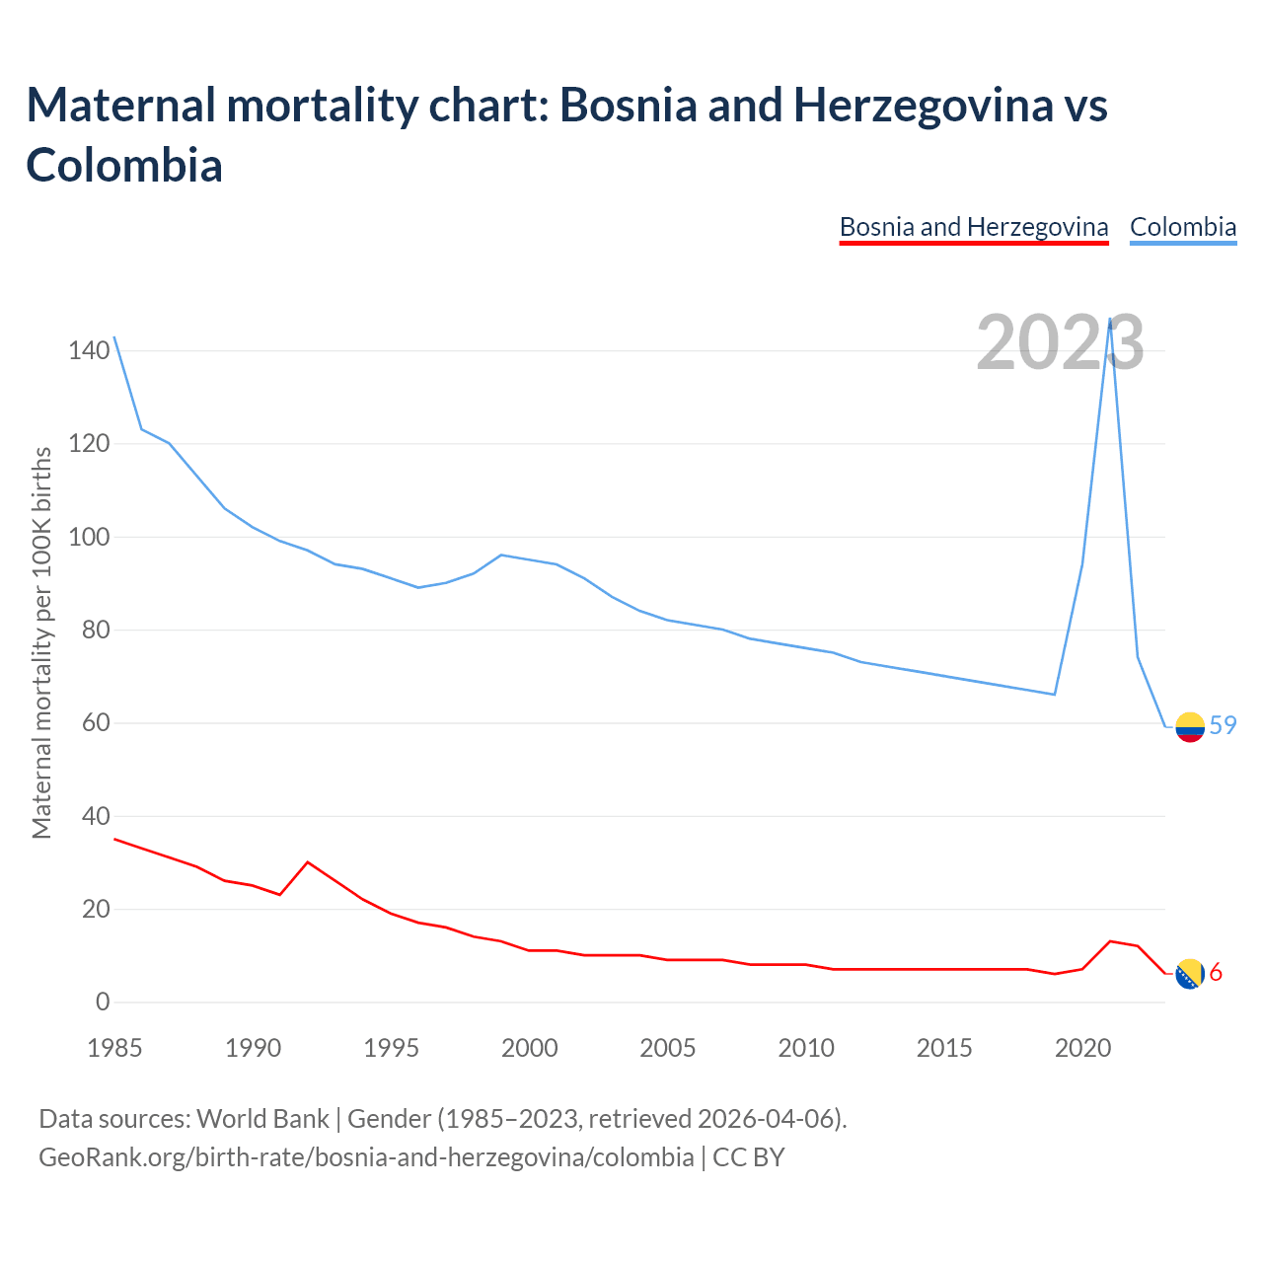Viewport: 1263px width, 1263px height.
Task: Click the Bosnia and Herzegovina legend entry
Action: tap(974, 228)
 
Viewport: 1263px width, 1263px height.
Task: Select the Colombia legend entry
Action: tap(1182, 228)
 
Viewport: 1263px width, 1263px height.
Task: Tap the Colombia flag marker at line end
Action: tap(1190, 726)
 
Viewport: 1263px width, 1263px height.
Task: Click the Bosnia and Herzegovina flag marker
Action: tap(1190, 974)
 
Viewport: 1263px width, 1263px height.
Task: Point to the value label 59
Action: tap(1223, 725)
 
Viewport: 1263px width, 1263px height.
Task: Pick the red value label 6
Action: tap(1216, 973)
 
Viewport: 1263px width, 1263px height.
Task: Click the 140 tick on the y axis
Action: tap(89, 350)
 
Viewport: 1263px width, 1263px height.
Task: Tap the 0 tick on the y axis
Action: tap(103, 1003)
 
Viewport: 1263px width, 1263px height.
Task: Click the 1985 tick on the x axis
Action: tap(114, 1048)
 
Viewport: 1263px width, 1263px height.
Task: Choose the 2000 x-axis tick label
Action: tap(529, 1048)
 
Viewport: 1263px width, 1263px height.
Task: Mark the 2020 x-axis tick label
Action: tap(1082, 1048)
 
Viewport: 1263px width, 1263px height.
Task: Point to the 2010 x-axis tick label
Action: tap(806, 1048)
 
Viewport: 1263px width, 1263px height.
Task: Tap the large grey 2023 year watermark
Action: tap(1060, 342)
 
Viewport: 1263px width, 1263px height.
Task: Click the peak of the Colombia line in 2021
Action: tap(1110, 320)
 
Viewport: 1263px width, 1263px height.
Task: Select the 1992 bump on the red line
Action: tap(308, 862)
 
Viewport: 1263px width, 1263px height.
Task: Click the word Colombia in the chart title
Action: tap(124, 165)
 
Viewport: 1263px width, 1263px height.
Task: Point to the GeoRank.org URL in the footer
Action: tap(365, 1156)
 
